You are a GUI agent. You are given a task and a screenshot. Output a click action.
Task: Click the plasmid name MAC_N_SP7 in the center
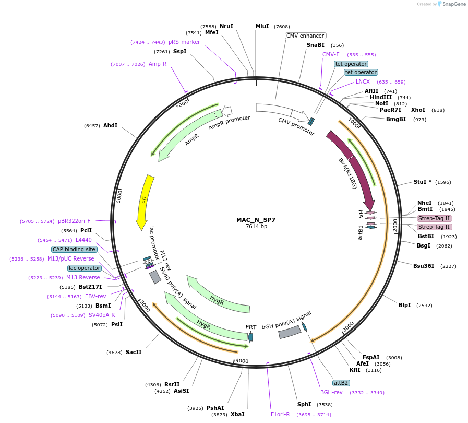tap(256, 220)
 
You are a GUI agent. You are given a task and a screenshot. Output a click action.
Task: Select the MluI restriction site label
tap(262, 26)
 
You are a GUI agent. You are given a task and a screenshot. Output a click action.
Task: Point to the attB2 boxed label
tap(341, 383)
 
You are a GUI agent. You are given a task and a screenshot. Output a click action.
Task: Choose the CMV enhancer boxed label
tap(306, 36)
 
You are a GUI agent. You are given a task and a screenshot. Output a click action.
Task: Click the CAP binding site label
tap(74, 249)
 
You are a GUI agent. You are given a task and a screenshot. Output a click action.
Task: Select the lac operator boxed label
tap(85, 268)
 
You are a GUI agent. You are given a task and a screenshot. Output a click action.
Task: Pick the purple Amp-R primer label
tap(158, 64)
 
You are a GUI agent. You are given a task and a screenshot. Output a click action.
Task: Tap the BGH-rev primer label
tap(331, 392)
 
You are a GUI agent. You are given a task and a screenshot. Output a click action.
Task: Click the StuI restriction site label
tap(421, 182)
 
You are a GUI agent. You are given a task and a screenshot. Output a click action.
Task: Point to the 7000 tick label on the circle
tap(182, 103)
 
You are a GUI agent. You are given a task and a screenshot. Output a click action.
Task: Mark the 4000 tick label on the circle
tap(242, 361)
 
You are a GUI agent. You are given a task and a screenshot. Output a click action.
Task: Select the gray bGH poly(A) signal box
tap(290, 331)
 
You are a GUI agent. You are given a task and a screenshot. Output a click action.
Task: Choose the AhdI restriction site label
tap(110, 126)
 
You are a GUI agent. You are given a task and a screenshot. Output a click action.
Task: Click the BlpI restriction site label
tap(404, 305)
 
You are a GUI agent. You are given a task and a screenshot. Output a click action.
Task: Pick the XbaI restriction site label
tap(237, 414)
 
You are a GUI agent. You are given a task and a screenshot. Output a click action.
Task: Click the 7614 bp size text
tap(256, 226)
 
